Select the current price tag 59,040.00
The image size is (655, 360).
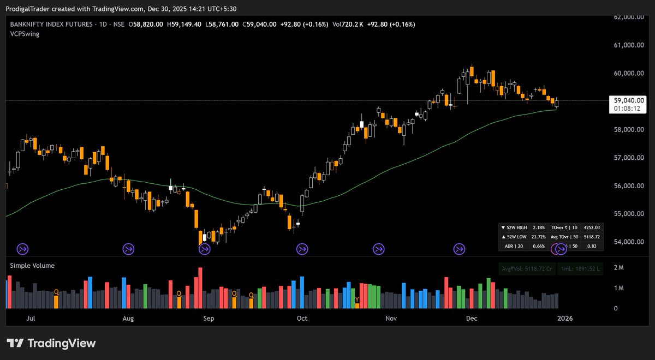point(629,100)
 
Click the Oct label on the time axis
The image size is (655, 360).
point(301,318)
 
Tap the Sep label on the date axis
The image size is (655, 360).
point(208,318)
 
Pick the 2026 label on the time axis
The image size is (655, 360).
point(564,318)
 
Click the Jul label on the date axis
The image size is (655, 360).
point(31,318)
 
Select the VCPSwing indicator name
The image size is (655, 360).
point(25,34)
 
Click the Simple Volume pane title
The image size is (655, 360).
point(32,266)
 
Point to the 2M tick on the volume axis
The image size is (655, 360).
point(618,267)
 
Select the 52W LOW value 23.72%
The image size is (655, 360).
point(537,237)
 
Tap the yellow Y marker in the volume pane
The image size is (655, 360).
point(358,299)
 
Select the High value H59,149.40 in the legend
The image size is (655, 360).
point(184,24)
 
